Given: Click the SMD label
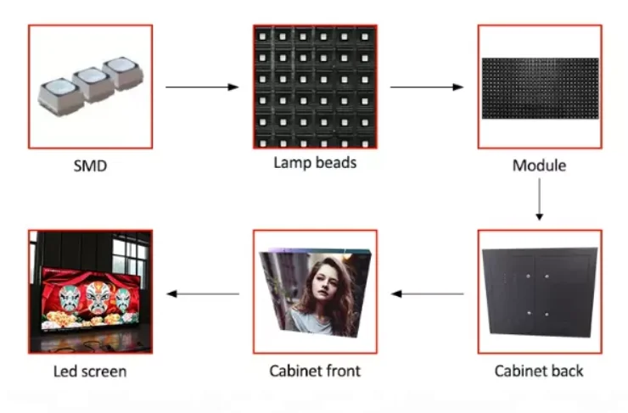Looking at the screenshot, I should pyautogui.click(x=90, y=166).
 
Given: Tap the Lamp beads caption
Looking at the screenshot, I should pyautogui.click(x=314, y=163).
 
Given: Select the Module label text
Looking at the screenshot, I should pyautogui.click(x=539, y=165).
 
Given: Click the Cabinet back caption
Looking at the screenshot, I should pyautogui.click(x=539, y=371).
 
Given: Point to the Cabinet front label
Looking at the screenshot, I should pyautogui.click(x=315, y=371).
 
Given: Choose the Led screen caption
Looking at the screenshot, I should pyautogui.click(x=90, y=371).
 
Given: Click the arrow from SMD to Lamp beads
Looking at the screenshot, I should pyautogui.click(x=202, y=87).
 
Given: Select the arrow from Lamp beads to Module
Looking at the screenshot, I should pyautogui.click(x=427, y=87).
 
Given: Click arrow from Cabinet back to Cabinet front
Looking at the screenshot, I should pyautogui.click(x=427, y=293).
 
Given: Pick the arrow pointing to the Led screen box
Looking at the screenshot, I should pyautogui.click(x=202, y=293).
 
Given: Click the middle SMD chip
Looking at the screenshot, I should pyautogui.click(x=90, y=83).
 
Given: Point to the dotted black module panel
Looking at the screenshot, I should pyautogui.click(x=539, y=87).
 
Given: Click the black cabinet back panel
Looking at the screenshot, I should pyautogui.click(x=539, y=293).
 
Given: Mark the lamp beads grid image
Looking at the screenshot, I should pyautogui.click(x=314, y=87).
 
